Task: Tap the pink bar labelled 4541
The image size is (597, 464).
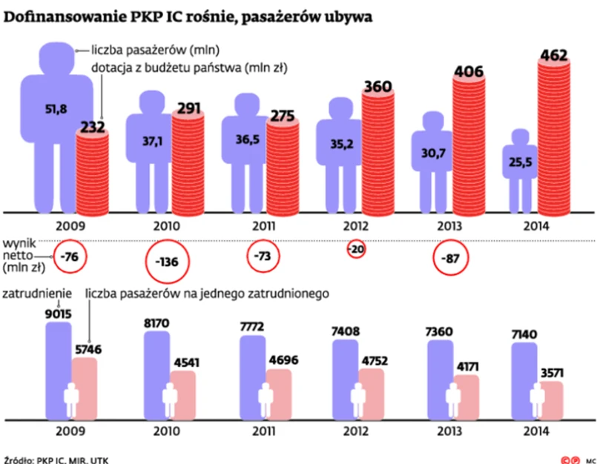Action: coord(183,393)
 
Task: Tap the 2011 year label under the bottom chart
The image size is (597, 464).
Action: coord(262,432)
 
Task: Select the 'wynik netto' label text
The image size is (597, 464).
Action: coord(22,252)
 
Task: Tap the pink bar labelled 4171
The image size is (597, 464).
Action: coord(466,396)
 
